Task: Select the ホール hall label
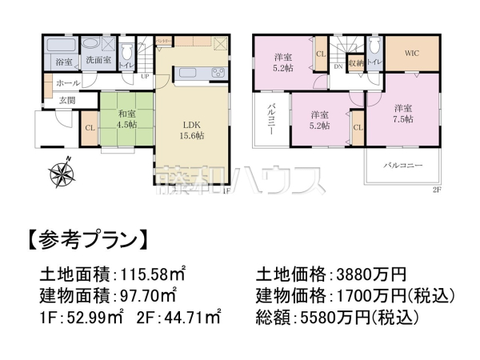point(67,82)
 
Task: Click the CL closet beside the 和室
point(90,126)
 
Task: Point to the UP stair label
point(145,78)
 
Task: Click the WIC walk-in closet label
point(411,54)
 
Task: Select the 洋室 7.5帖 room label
point(403,113)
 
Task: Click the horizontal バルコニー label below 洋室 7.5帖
point(403,166)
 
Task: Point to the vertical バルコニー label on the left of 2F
point(271,121)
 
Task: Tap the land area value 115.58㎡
point(150,271)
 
